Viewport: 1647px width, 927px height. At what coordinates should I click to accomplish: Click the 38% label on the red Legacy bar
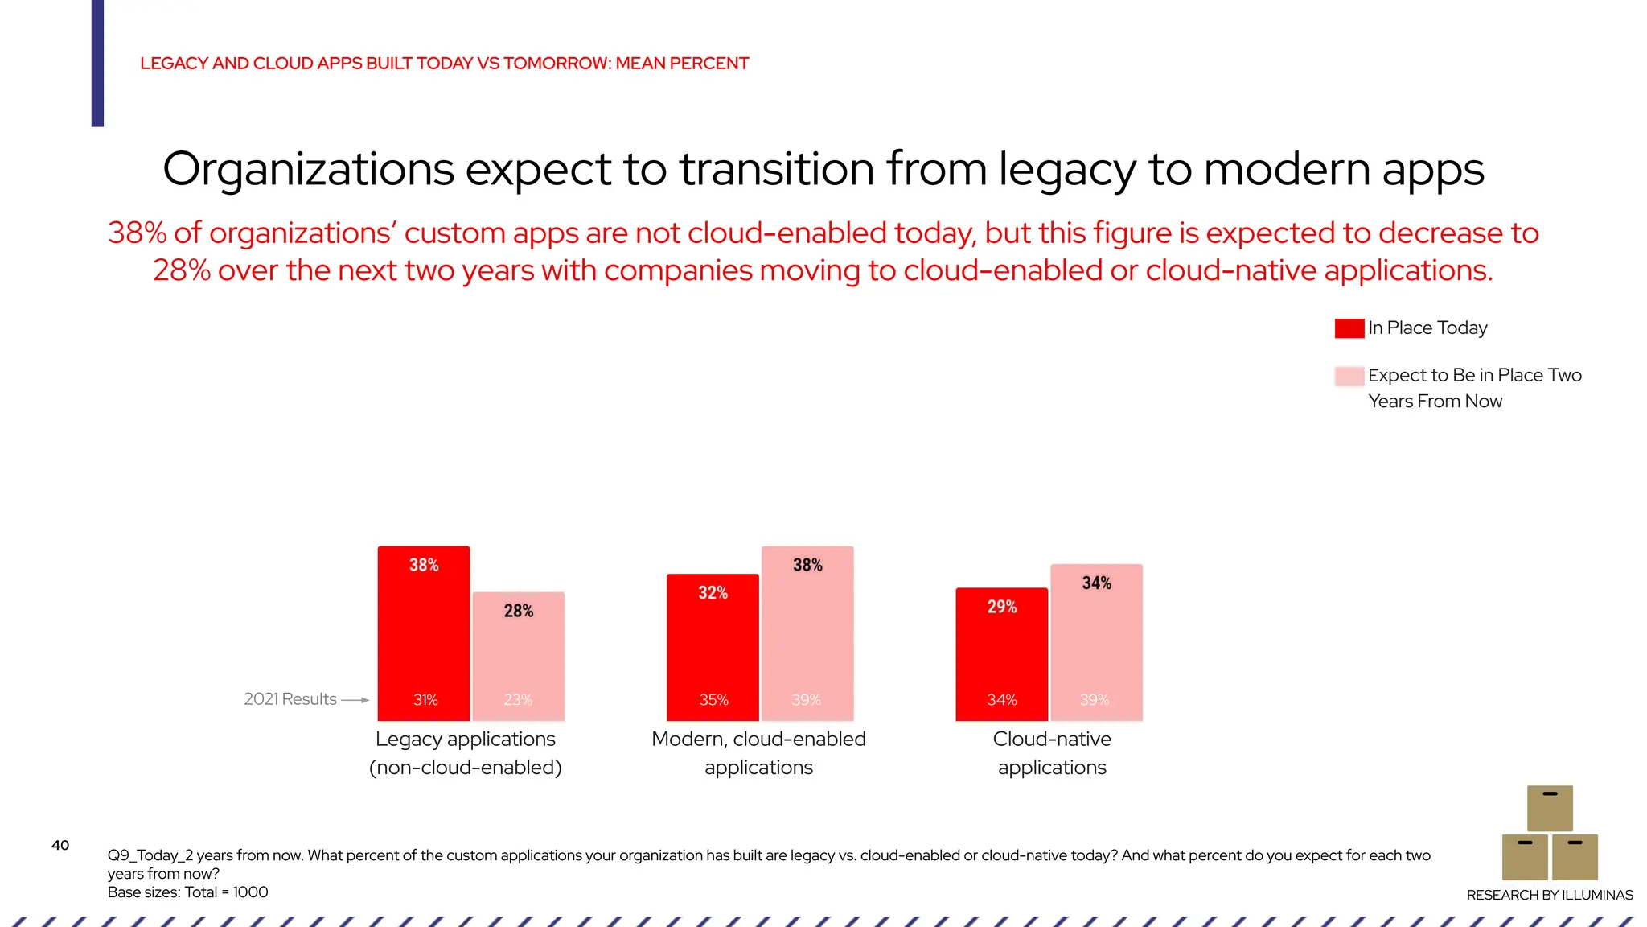tap(424, 565)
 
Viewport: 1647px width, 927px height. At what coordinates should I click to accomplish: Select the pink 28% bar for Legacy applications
tap(519, 656)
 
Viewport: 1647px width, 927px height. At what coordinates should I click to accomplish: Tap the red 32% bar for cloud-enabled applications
tap(713, 648)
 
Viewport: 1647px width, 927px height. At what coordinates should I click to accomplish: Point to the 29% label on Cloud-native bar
tap(1002, 607)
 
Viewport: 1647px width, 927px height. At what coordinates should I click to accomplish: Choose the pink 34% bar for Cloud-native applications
tap(1096, 644)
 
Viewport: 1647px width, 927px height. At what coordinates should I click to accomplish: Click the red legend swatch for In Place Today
tap(1349, 328)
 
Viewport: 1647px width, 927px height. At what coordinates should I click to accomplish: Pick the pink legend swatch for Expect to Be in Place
tap(1349, 376)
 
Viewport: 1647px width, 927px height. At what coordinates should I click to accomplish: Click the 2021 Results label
tap(290, 699)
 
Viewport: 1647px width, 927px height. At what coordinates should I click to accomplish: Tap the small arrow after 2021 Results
tap(355, 700)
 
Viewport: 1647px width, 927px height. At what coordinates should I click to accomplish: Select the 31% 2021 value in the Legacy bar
tap(425, 700)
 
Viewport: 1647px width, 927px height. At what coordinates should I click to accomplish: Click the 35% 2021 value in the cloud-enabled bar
tap(713, 700)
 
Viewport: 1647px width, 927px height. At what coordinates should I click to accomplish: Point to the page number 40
tap(60, 845)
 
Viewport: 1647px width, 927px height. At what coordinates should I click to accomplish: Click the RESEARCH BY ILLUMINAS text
tap(1549, 895)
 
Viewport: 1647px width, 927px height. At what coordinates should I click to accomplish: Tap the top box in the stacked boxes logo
tap(1550, 808)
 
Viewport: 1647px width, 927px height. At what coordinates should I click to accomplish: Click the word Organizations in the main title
tap(309, 170)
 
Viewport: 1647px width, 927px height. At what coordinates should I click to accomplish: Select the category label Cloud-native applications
tap(1052, 752)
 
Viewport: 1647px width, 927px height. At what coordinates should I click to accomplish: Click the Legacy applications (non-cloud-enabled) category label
tap(465, 752)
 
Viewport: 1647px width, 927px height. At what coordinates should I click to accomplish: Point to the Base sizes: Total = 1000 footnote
tap(187, 892)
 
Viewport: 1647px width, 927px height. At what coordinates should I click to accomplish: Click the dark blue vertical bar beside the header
tap(97, 63)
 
